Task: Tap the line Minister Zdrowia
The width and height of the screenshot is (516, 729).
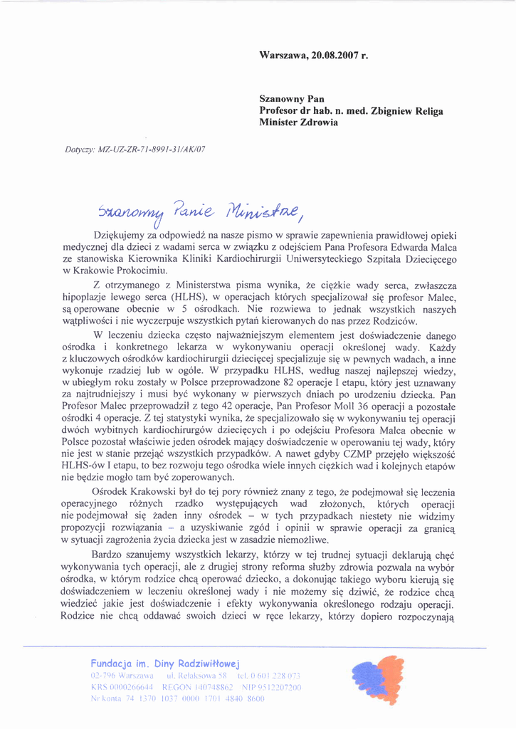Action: pyautogui.click(x=298, y=122)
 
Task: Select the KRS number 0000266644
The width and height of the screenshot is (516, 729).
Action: pyautogui.click(x=132, y=686)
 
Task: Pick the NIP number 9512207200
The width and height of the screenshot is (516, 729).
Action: pyautogui.click(x=274, y=686)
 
